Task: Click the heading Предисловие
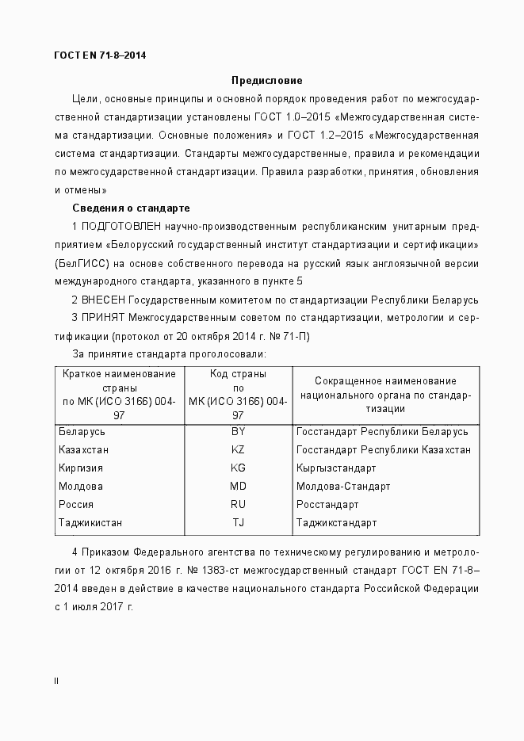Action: point(266,80)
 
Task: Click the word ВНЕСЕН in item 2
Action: point(104,300)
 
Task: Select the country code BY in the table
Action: point(238,432)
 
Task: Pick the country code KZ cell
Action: point(238,450)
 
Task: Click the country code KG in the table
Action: point(238,468)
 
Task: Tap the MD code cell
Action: point(238,487)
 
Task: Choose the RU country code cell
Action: point(238,505)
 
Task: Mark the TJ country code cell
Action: point(238,523)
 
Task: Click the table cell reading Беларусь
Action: point(82,432)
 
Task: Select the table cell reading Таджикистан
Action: point(90,523)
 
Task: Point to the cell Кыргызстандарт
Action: point(338,468)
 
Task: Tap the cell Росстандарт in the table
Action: point(327,505)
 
